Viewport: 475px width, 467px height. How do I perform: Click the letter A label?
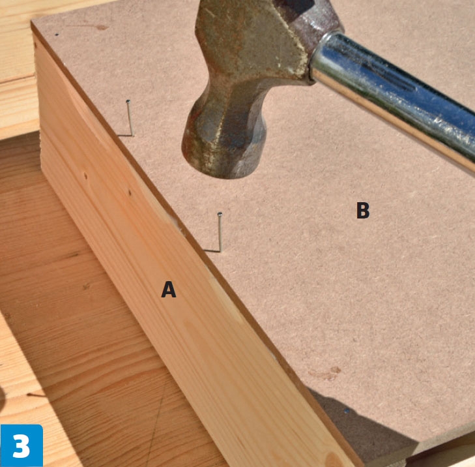pos(168,290)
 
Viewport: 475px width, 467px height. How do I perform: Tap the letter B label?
pos(363,210)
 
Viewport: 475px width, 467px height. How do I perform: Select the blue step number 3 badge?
pos(22,445)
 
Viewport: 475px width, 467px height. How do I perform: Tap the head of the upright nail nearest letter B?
pos(220,214)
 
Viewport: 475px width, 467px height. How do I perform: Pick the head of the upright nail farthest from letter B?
pos(128,102)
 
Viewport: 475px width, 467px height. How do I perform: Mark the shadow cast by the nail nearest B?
pos(211,250)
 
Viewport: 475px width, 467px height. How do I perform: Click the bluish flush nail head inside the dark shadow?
pos(347,411)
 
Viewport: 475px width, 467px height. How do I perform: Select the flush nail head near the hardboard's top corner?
pos(57,35)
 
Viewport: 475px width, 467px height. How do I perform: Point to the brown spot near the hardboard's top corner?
pos(102,27)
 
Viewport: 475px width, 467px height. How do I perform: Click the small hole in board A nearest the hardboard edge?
pos(130,192)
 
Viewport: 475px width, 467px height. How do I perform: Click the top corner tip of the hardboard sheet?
pos(31,22)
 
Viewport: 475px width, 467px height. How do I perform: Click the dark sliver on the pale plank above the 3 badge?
pos(36,395)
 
